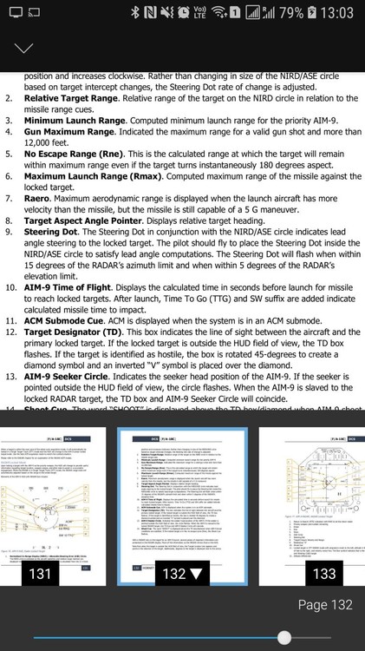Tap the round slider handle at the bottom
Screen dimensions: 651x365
284,637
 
